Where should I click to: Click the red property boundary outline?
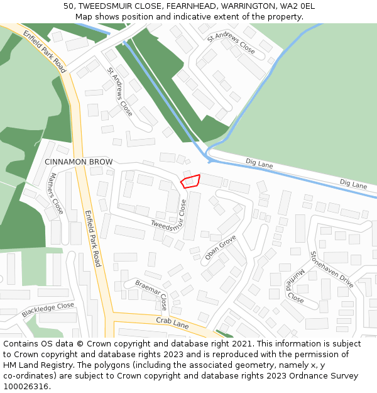(x=190, y=181)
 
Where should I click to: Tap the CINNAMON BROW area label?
(x=79, y=162)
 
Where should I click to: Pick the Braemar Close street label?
(x=151, y=294)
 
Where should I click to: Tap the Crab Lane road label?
(x=172, y=323)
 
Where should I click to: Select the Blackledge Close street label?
(x=48, y=309)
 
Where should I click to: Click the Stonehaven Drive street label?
(x=331, y=270)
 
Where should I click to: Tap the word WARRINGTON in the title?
(x=248, y=6)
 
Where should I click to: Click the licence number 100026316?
(x=26, y=387)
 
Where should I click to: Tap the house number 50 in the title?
(x=68, y=6)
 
